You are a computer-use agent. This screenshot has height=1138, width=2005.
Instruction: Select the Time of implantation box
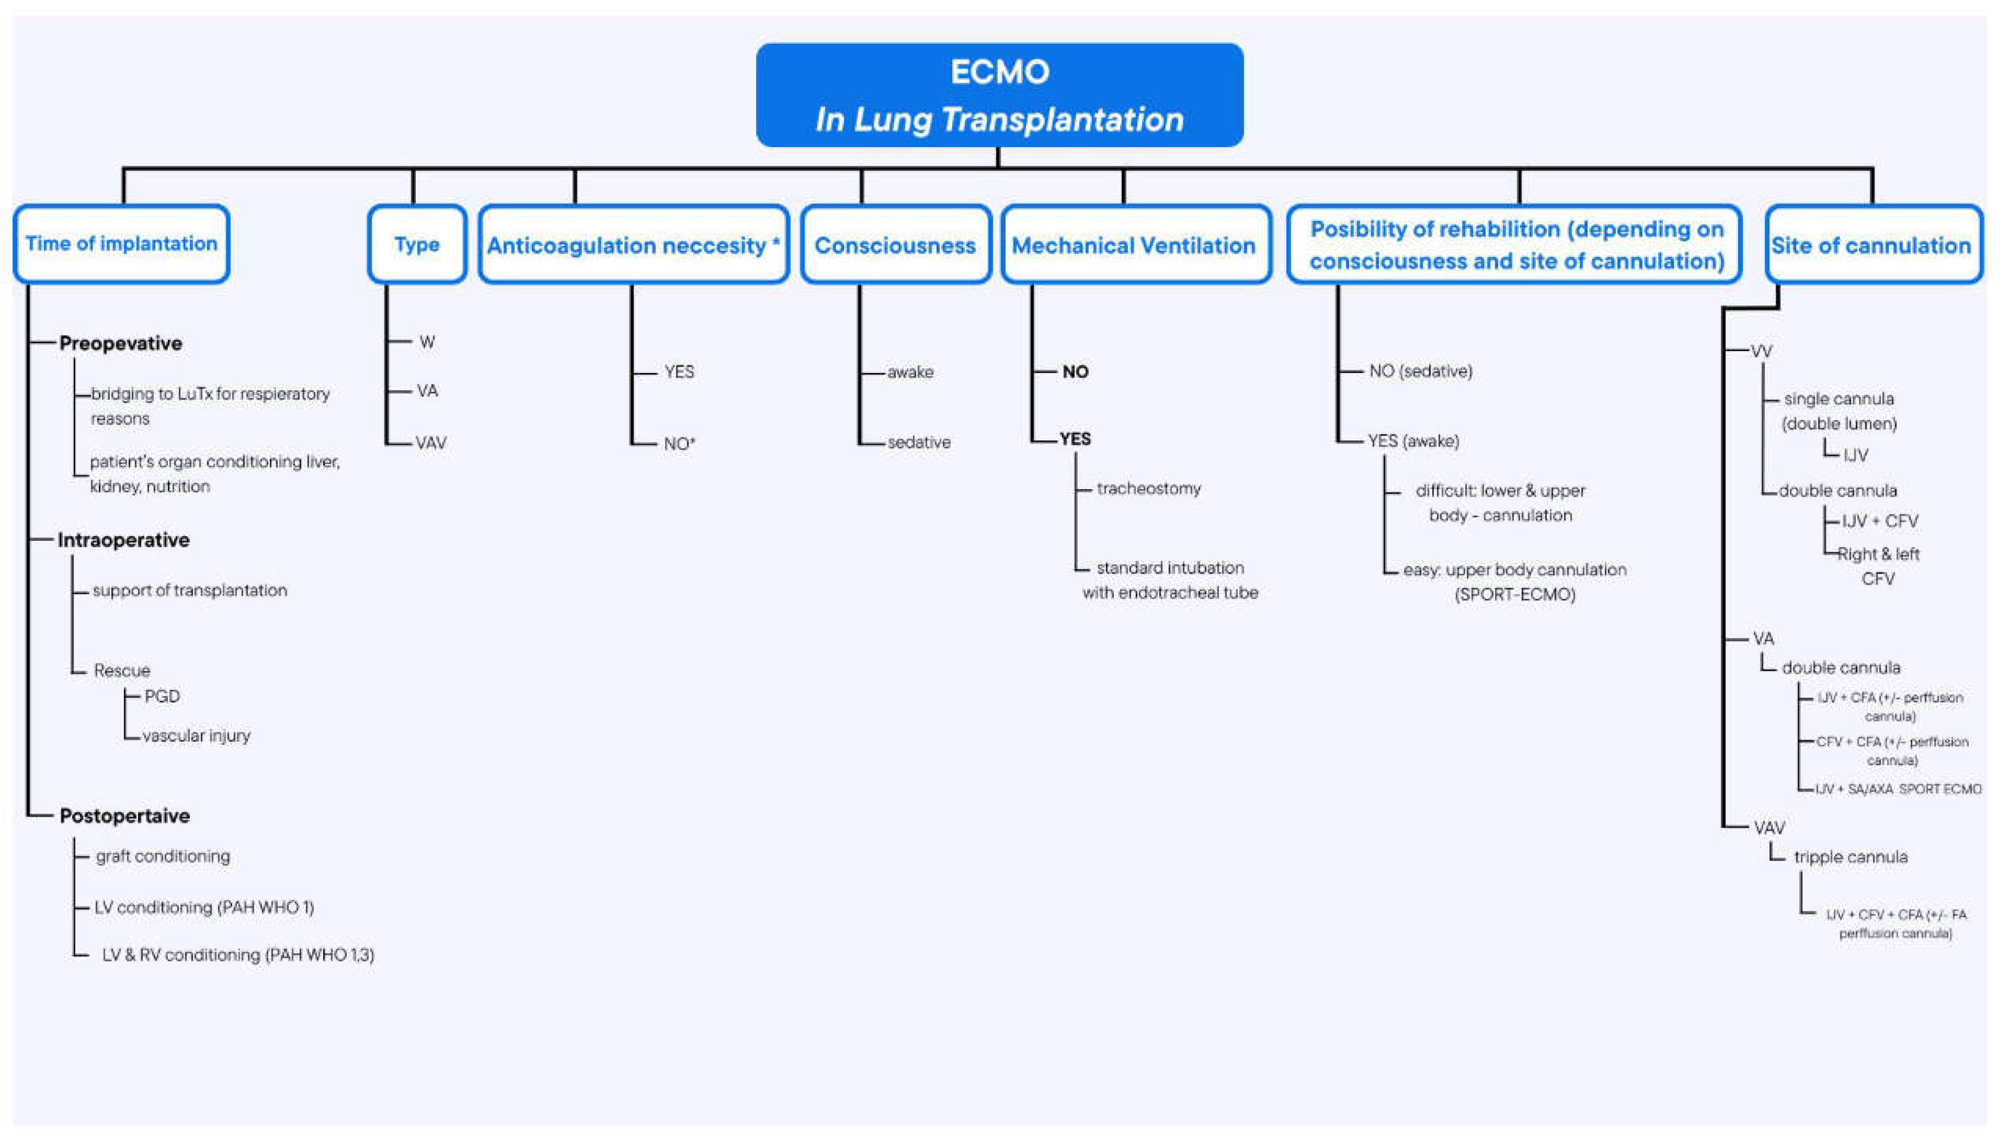121,244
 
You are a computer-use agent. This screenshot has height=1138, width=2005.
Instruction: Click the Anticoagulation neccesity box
633,245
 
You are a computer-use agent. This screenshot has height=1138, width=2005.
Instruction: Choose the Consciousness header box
895,245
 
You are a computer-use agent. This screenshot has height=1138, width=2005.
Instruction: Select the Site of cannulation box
1872,245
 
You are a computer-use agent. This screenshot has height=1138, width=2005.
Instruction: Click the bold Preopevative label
120,343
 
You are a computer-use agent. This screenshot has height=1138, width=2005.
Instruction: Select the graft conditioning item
163,856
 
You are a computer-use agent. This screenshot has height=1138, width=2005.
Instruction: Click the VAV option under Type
431,443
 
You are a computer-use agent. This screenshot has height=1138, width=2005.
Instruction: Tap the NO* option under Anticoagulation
678,444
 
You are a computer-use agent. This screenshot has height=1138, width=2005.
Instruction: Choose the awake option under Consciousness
910,372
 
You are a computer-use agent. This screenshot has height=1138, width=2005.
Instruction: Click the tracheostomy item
1148,489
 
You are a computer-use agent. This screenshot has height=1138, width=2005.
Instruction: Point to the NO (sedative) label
1420,371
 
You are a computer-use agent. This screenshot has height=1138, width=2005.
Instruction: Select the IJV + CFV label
1879,521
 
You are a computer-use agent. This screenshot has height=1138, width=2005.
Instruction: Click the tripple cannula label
1850,856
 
